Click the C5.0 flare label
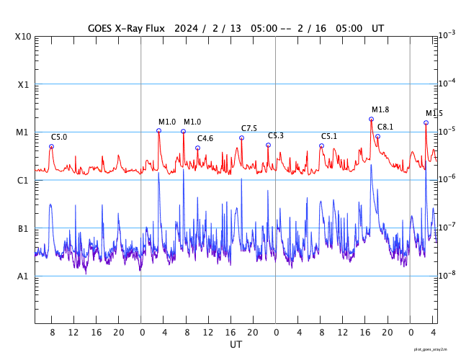59,137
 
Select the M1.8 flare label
380,109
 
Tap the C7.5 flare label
249,128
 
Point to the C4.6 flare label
205,138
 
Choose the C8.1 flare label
385,127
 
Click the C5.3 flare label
276,136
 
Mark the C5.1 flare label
329,136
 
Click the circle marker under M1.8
372,119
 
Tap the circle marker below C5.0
51,146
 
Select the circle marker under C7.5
241,138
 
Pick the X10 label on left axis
24,37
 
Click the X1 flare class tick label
24,84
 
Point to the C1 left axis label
24,180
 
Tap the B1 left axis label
24,228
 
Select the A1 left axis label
24,276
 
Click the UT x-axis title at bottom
236,345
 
